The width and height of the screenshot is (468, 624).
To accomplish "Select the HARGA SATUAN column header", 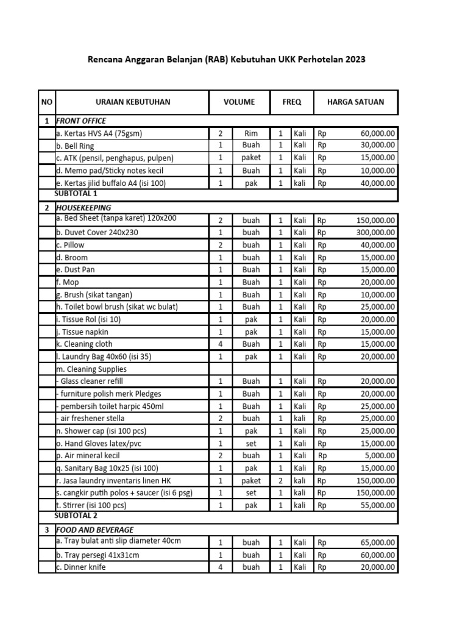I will (356, 102).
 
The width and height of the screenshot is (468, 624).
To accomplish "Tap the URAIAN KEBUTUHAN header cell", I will (132, 102).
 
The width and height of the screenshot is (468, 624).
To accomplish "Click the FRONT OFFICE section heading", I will (80, 121).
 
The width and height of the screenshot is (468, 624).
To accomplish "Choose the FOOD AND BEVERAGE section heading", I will (94, 530).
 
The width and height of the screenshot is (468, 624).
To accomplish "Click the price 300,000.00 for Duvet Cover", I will (374, 233).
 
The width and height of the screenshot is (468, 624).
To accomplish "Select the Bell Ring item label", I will (75, 146).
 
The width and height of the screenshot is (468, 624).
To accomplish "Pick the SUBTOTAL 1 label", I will (76, 194).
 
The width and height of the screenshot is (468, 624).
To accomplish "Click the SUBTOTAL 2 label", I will (76, 516).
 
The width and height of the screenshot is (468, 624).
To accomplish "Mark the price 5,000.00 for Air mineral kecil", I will (381, 455).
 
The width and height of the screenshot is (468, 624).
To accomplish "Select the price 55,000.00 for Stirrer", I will (377, 505).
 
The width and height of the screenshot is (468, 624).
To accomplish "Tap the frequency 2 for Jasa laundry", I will (280, 480).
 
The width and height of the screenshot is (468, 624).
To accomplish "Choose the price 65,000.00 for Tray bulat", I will (377, 542).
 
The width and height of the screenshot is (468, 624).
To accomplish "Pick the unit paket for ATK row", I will (251, 158).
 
